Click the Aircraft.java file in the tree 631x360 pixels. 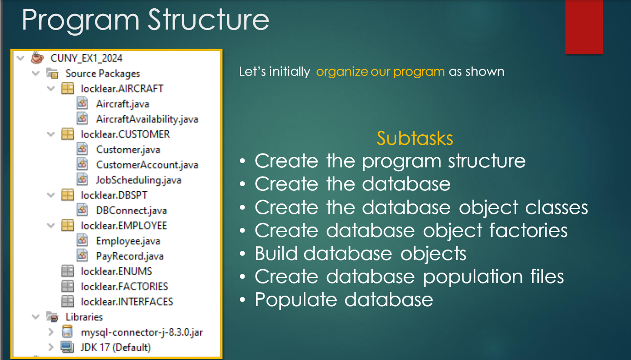(123, 104)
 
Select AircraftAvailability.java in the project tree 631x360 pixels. (147, 119)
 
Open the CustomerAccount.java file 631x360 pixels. (147, 165)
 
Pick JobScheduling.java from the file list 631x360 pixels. (139, 180)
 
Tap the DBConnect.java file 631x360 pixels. (131, 210)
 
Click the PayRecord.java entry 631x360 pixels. (130, 256)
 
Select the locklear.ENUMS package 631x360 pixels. (116, 271)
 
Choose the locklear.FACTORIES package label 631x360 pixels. (125, 287)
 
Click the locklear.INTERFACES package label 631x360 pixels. (127, 302)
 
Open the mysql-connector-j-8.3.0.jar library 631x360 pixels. (142, 332)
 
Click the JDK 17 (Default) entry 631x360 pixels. (116, 347)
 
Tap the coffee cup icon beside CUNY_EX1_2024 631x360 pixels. (37, 57)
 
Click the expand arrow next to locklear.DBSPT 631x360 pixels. (51, 195)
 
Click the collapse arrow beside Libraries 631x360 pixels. (36, 317)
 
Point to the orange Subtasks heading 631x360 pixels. (415, 138)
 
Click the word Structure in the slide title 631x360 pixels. (209, 20)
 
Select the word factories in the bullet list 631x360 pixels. (528, 230)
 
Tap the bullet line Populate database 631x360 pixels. (344, 300)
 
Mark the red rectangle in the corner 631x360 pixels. (584, 27)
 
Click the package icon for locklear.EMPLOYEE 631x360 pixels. (68, 226)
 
